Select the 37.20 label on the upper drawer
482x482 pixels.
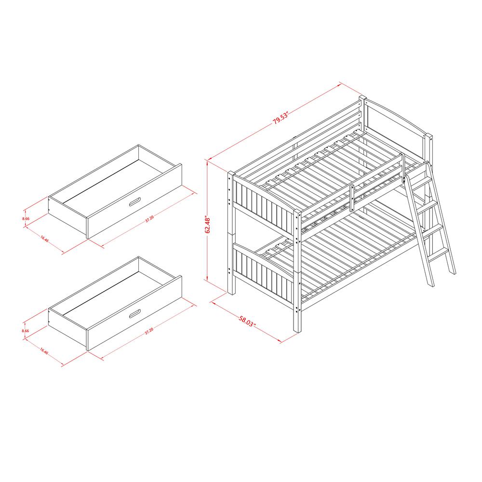pos(149,218)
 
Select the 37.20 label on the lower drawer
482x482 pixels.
pos(149,330)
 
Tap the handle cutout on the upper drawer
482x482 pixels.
pos(135,202)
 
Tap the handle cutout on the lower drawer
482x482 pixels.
pos(135,314)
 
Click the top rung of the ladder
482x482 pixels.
pos(420,183)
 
